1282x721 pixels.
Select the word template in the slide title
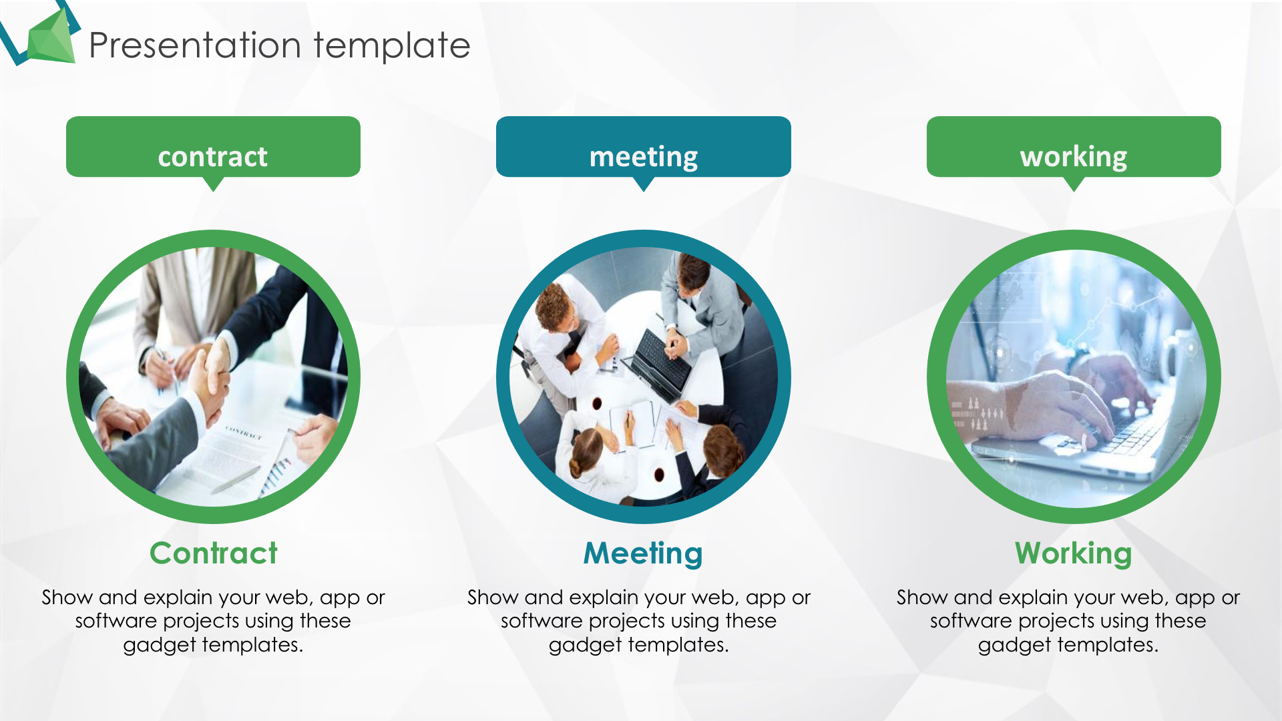(392, 46)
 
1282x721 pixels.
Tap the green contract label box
(213, 146)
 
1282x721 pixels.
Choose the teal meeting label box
(644, 146)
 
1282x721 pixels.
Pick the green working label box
(1074, 146)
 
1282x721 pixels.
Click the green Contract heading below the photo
(213, 553)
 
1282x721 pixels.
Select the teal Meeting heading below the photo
(643, 554)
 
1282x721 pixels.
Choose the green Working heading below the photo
(1074, 554)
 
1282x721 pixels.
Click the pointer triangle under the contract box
(213, 184)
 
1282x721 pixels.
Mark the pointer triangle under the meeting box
(644, 184)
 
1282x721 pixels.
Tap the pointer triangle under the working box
(1074, 184)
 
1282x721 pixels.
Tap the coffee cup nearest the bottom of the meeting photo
(659, 475)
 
